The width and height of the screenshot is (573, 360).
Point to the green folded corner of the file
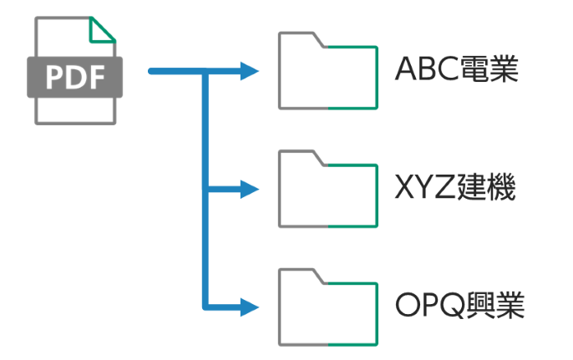click(x=103, y=30)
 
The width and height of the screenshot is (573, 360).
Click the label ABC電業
click(x=458, y=69)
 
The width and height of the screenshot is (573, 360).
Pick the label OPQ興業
click(x=459, y=307)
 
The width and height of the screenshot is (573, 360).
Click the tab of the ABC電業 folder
click(x=299, y=38)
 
